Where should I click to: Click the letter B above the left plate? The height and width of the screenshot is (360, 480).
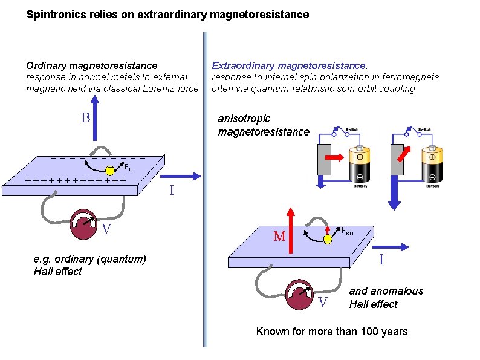coord(86,117)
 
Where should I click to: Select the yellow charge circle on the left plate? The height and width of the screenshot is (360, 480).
coord(110,169)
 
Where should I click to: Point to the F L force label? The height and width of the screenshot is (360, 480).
coord(128,168)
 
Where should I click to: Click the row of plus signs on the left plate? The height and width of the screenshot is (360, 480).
coord(76,180)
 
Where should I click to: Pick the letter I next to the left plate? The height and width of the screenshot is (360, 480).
coord(172,191)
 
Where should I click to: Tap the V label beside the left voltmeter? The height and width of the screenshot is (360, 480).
coord(106,229)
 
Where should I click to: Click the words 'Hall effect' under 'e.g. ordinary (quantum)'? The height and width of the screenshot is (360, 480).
coord(57,272)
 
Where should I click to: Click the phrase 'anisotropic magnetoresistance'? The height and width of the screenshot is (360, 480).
coord(263,125)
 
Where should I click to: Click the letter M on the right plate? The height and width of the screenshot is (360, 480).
coord(279,237)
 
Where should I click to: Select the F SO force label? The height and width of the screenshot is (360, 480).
coord(347,231)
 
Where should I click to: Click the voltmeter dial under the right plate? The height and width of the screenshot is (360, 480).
coord(300,294)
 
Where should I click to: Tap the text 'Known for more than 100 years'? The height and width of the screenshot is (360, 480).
coord(332,332)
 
